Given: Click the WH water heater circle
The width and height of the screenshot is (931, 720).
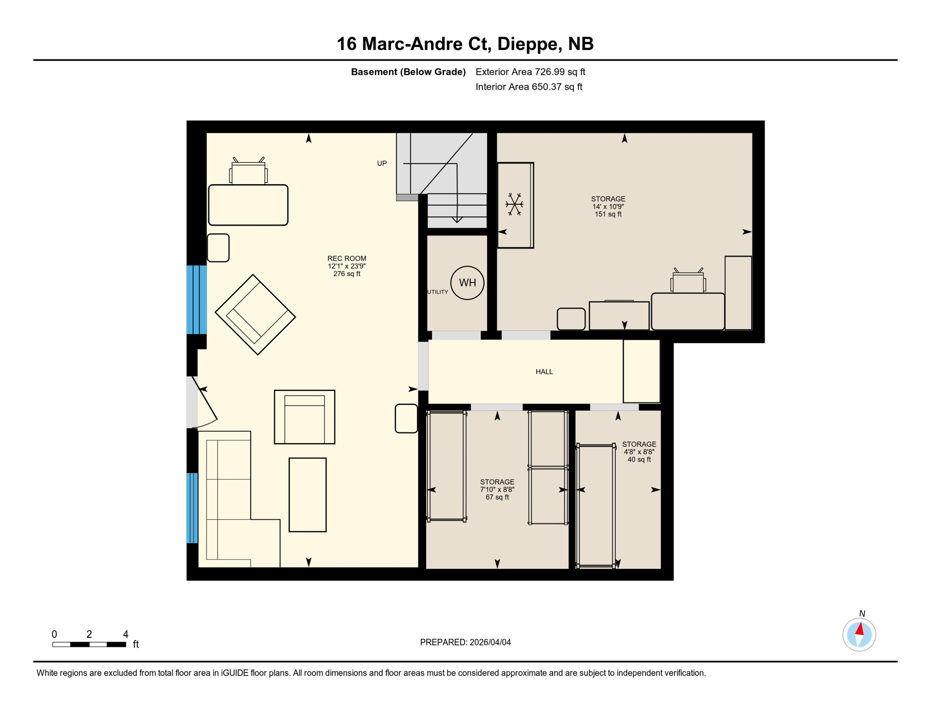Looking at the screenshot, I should coord(467,283).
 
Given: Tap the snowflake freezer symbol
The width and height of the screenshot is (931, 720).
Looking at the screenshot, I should coord(514,204).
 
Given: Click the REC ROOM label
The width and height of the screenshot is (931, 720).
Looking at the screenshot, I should coord(347,258).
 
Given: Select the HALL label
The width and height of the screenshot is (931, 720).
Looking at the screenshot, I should coord(544,372).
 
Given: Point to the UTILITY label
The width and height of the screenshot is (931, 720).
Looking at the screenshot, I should coord(437,292).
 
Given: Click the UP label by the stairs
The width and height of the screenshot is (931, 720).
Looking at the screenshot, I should coord(382,164).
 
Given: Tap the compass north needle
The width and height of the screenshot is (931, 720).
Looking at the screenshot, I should coord(860,629).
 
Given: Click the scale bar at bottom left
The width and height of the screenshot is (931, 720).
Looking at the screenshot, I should coord(89,645).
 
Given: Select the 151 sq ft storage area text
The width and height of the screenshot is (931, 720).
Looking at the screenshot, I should coord(608,214).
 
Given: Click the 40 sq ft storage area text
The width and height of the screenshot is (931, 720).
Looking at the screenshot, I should coord(639,459).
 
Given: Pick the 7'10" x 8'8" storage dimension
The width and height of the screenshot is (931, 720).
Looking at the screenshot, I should coord(497,489).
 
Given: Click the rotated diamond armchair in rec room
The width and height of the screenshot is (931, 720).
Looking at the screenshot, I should coord(255,315).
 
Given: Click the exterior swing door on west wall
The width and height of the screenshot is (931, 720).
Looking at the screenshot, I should coord(204,403).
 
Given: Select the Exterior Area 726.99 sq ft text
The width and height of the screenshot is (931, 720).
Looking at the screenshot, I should coord(530,72).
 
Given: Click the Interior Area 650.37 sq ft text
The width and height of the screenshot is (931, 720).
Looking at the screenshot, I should coord(529,87).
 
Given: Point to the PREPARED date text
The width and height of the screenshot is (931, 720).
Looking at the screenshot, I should coord(465,642).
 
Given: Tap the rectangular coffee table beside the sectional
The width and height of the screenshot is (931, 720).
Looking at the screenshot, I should coord(307,495).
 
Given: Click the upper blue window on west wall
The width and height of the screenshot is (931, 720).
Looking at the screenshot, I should coord(196,299).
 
